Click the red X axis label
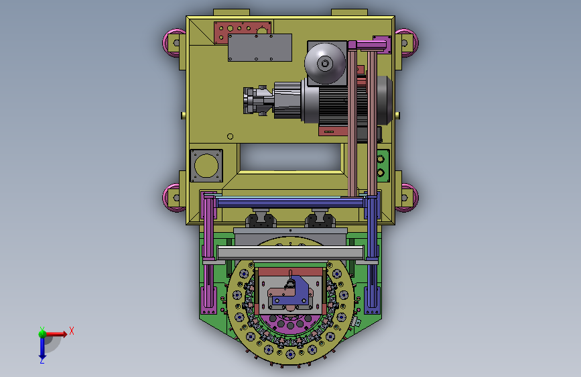coord(72,331)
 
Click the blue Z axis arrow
coord(42,347)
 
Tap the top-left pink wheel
coord(171,43)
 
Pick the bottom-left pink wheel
coord(171,198)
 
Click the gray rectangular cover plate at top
coord(260,48)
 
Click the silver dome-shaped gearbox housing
coord(325,64)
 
